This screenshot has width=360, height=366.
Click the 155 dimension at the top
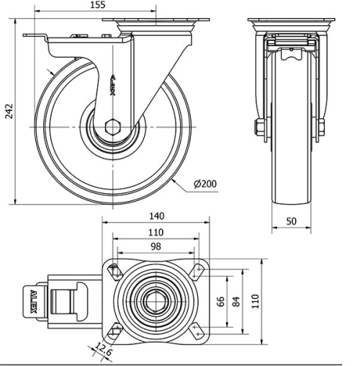point(99,6)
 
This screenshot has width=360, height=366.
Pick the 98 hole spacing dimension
point(156,247)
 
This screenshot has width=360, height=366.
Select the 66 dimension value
point(221,300)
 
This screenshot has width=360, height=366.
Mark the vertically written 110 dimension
point(255,300)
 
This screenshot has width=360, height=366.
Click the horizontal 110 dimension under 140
point(156,233)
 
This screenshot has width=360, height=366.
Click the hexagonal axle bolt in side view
point(113,128)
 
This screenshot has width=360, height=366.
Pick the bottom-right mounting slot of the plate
point(197,330)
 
